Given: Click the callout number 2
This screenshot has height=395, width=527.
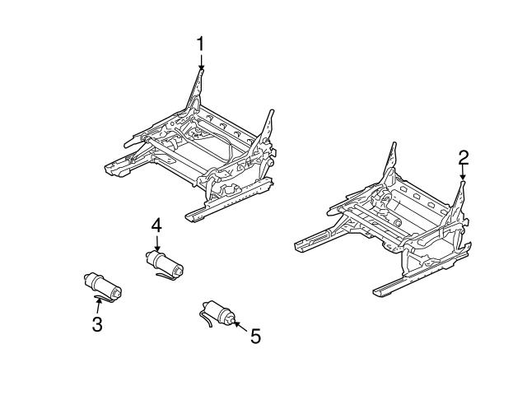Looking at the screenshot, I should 463,156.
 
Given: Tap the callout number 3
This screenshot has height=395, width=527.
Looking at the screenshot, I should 97,324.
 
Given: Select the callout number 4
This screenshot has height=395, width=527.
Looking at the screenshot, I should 156,224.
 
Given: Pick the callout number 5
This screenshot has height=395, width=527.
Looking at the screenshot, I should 254,336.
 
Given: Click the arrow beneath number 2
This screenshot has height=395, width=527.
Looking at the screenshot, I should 463,173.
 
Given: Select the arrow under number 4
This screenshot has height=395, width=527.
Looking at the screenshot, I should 156,242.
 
